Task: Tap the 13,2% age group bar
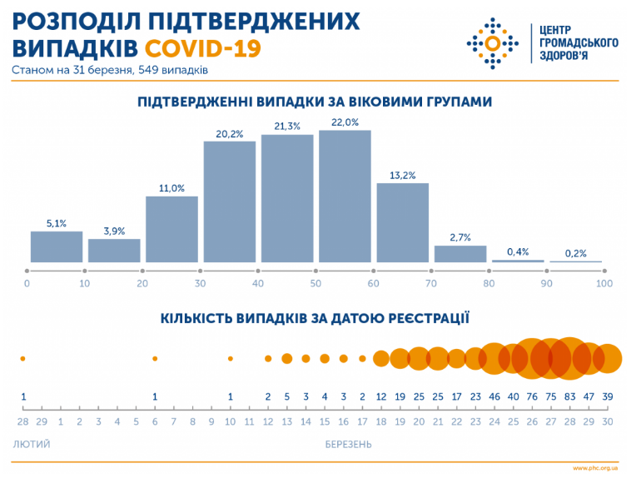[x=403, y=222]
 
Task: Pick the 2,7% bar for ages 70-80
[x=460, y=254]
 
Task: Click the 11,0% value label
[x=171, y=188]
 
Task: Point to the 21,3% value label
[x=287, y=126]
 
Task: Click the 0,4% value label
[x=519, y=251]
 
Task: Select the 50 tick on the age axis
[x=316, y=284]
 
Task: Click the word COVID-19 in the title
[x=202, y=47]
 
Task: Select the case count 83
[x=569, y=396]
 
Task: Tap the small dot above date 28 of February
[x=23, y=358]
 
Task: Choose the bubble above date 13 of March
[x=286, y=358]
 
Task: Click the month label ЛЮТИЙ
[x=32, y=444]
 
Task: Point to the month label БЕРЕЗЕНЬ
[x=349, y=444]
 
